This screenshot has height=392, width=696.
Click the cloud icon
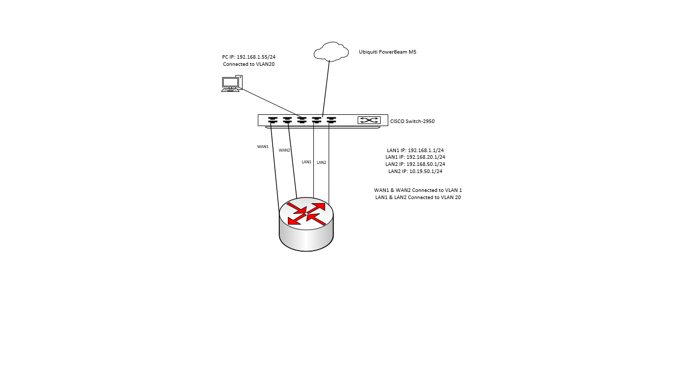331,52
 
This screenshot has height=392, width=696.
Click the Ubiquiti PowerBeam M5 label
387,52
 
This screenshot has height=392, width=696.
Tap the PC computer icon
232,83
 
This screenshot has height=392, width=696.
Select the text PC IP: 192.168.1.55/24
249,57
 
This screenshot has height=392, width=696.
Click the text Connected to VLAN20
249,64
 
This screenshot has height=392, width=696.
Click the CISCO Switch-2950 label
412,121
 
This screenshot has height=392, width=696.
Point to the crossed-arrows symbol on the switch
369,120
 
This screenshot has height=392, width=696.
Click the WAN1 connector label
262,146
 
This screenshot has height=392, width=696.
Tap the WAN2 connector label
284,150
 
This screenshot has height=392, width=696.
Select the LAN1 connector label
306,162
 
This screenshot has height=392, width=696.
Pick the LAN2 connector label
322,162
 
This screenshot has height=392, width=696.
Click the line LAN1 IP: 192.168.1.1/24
415,150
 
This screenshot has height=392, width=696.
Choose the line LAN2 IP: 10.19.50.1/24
415,171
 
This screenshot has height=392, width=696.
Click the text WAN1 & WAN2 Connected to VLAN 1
418,190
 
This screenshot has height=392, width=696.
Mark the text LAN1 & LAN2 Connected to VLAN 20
418,197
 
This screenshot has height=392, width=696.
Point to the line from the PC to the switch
270,102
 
